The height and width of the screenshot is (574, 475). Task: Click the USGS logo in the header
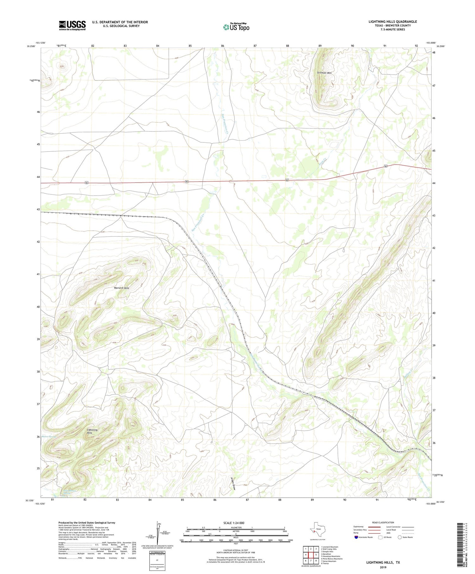[72, 25]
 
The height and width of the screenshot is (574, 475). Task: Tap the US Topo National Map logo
[236, 27]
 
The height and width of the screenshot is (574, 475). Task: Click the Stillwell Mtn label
[324, 73]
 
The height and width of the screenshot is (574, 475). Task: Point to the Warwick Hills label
[122, 288]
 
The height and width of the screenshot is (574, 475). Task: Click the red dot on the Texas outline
[313, 531]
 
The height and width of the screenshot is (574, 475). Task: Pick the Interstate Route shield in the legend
[357, 537]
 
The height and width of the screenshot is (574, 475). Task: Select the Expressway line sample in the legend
[374, 527]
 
